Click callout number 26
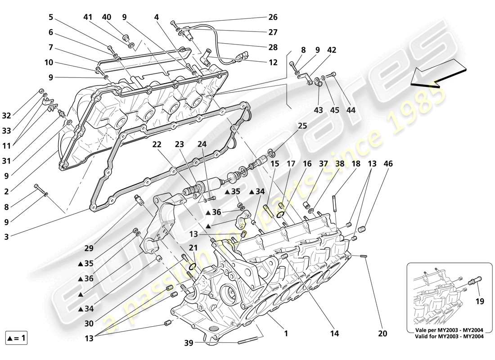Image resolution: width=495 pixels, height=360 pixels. click(273, 18)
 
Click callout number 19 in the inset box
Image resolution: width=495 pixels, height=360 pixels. click(480, 301)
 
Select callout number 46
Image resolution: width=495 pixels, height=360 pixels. click(388, 164)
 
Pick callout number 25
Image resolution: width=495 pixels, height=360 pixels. click(302, 126)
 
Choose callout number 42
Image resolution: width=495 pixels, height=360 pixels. click(332, 50)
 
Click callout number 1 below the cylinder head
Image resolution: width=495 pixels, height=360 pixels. click(285, 334)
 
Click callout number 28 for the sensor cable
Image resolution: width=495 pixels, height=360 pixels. click(273, 47)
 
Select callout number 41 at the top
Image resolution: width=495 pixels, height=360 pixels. click(88, 18)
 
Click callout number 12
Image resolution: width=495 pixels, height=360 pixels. click(273, 63)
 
